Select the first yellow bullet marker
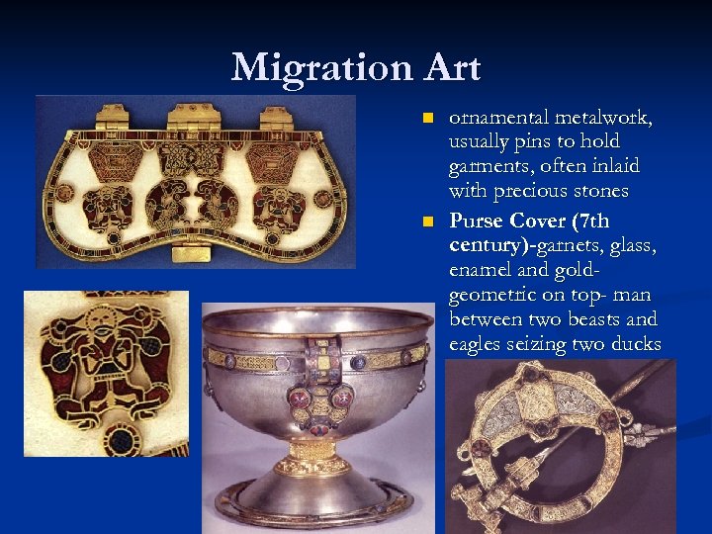click(426, 118)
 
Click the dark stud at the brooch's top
click(531, 375)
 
